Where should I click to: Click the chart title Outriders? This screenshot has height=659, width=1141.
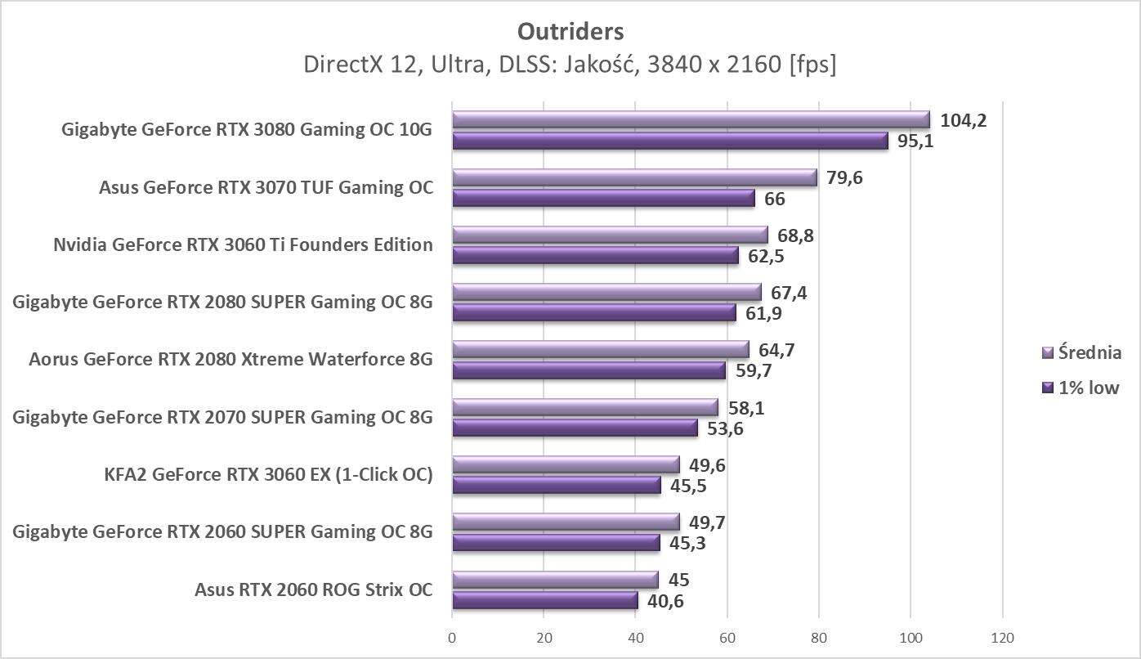pos(570,31)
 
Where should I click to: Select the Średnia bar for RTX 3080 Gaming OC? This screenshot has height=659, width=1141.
pos(691,120)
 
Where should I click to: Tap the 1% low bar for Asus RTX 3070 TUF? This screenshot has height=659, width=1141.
pos(603,199)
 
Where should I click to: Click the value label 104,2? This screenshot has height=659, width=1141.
pos(964,120)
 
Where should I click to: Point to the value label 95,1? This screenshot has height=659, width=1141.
pos(915,141)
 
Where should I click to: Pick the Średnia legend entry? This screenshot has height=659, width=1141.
pos(1081,352)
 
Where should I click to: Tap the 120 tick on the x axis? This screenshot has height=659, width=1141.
pos(1002,638)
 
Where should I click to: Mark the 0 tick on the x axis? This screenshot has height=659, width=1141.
pos(452,638)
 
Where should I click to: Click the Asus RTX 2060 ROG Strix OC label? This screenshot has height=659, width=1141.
pos(314,590)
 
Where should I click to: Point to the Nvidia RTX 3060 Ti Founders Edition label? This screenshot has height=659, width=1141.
pos(243,244)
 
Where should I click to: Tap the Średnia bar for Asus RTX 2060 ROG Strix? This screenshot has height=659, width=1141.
pos(555,580)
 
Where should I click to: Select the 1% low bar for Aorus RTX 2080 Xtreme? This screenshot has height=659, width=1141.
pos(588,371)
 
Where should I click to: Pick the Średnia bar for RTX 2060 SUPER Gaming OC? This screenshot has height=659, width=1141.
pos(566,522)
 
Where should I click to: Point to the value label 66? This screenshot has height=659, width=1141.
pos(774,199)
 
